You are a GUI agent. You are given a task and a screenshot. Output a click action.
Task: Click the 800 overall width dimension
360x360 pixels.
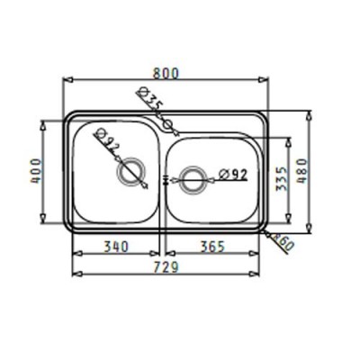click(x=166, y=74)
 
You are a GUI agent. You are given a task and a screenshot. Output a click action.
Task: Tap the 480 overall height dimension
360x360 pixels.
click(x=303, y=171)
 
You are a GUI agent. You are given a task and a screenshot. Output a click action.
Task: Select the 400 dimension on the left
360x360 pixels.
click(x=36, y=171)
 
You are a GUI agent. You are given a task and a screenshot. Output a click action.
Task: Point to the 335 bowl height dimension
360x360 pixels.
click(x=282, y=179)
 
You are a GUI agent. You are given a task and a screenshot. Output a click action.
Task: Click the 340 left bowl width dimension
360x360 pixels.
click(x=116, y=247)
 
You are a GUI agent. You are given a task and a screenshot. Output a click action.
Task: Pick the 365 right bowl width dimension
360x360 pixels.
click(x=212, y=247)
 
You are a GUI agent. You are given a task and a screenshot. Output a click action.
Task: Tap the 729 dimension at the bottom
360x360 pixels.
click(x=166, y=267)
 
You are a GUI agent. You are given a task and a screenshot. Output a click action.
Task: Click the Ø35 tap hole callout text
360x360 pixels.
click(x=150, y=99)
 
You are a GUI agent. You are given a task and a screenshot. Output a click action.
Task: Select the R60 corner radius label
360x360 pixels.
click(x=282, y=243)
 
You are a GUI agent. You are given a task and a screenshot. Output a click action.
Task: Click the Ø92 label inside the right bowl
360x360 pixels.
click(x=233, y=174)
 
